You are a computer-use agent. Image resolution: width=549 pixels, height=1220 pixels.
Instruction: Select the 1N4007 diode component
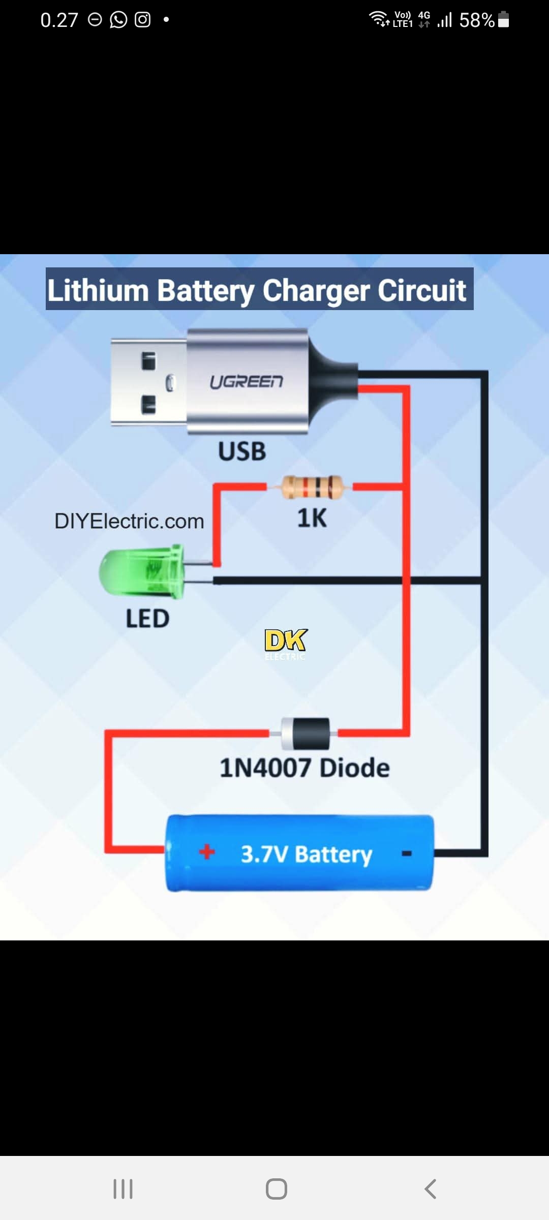tap(306, 734)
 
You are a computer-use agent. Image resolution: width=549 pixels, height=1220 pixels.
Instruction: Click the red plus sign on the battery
tap(207, 852)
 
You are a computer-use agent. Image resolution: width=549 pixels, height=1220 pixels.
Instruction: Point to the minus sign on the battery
tap(407, 853)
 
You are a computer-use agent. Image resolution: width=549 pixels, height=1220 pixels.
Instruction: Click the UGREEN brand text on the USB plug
tap(247, 382)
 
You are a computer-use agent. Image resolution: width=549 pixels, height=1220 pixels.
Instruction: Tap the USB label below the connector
tap(242, 451)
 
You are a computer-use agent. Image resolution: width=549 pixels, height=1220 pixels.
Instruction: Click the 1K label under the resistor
tap(312, 518)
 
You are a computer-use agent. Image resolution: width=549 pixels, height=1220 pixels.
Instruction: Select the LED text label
tap(147, 619)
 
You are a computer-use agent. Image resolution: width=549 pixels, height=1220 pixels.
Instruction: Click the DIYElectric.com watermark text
tap(129, 521)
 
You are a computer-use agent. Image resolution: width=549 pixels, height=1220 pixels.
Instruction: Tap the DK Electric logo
tap(286, 644)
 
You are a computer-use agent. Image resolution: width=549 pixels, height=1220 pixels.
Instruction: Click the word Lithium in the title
tap(98, 290)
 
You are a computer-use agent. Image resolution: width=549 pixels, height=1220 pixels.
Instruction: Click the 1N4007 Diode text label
tap(304, 768)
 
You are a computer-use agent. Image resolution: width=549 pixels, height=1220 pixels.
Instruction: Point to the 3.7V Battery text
tap(306, 854)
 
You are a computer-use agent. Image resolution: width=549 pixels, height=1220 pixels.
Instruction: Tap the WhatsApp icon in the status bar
tap(118, 20)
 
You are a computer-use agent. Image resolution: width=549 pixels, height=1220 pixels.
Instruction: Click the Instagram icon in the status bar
tap(142, 20)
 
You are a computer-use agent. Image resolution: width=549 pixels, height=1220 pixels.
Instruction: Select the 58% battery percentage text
tap(477, 20)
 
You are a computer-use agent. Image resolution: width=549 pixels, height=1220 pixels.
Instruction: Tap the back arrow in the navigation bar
tap(430, 1189)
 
